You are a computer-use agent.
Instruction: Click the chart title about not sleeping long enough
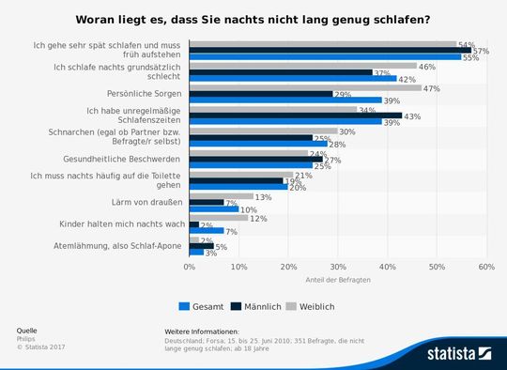pyautogui.click(x=253, y=20)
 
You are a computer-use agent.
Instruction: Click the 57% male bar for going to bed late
pyautogui.click(x=330, y=51)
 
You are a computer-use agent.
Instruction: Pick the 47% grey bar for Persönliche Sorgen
pyautogui.click(x=305, y=87)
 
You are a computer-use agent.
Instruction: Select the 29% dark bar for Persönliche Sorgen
pyautogui.click(x=261, y=94)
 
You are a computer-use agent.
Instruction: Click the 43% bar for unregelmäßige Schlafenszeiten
pyautogui.click(x=296, y=116)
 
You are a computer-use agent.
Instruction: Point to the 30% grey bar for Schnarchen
pyautogui.click(x=264, y=131)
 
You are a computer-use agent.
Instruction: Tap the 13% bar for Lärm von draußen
pyautogui.click(x=222, y=197)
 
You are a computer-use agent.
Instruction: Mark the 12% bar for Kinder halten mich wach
pyautogui.click(x=219, y=218)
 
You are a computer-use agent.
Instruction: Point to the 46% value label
pyautogui.click(x=426, y=67)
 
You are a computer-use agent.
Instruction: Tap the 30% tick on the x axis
pyautogui.click(x=338, y=268)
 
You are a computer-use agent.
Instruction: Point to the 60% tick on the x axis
pyautogui.click(x=485, y=268)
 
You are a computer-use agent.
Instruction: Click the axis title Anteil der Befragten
pyautogui.click(x=337, y=281)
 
